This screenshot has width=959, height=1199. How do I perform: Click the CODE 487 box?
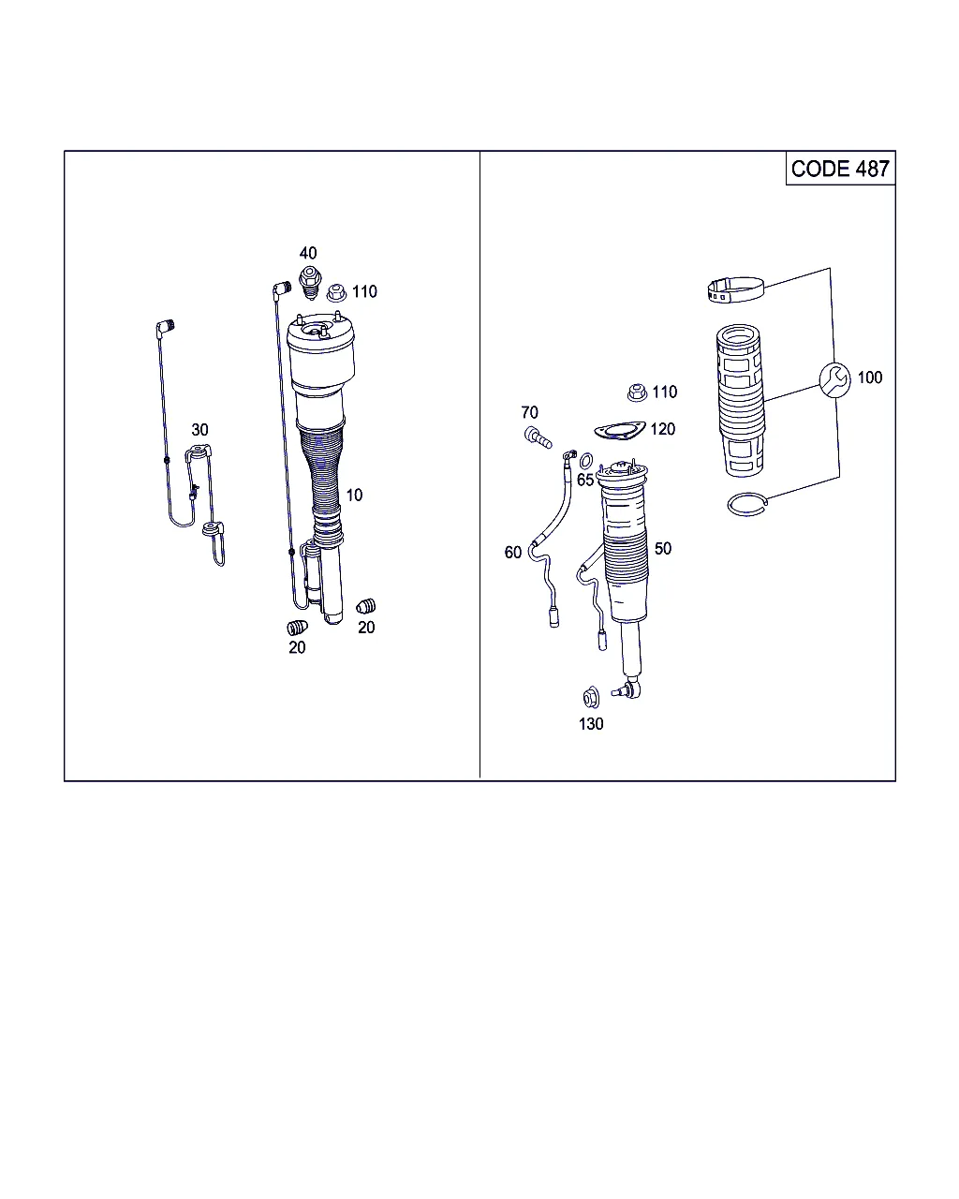tap(840, 168)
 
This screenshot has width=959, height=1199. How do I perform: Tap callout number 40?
tap(308, 254)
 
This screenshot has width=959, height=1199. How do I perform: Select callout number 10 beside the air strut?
tap(354, 495)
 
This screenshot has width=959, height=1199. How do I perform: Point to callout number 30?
tap(199, 430)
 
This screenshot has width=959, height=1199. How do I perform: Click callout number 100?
tap(870, 377)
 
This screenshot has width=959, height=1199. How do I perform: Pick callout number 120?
tap(662, 429)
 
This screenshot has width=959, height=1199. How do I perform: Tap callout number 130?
tap(591, 724)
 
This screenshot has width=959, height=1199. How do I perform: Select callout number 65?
tap(585, 480)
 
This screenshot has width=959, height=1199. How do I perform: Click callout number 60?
tap(512, 552)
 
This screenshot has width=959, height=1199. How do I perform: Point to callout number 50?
tap(662, 548)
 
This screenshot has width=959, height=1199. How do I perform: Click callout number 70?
tap(529, 412)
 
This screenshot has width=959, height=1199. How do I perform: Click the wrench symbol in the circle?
tap(834, 380)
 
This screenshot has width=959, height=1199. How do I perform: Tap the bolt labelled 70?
tap(538, 437)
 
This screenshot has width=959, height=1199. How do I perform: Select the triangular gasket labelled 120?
tap(620, 431)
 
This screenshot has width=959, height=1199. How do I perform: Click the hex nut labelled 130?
tap(591, 698)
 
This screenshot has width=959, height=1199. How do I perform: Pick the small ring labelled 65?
tap(585, 461)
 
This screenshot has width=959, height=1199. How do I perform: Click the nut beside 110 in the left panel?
tap(336, 292)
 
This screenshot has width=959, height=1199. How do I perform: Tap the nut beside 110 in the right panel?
tap(636, 392)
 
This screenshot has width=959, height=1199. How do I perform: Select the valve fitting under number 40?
tap(310, 283)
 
